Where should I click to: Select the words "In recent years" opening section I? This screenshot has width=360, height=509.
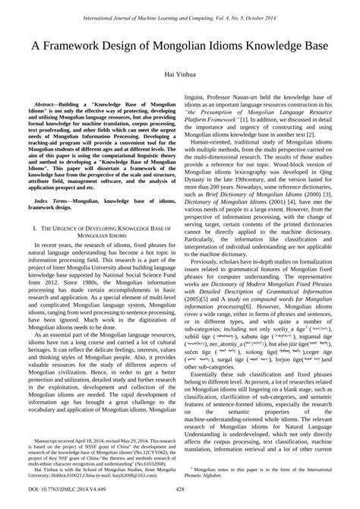pyautogui.click(x=52, y=246)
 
